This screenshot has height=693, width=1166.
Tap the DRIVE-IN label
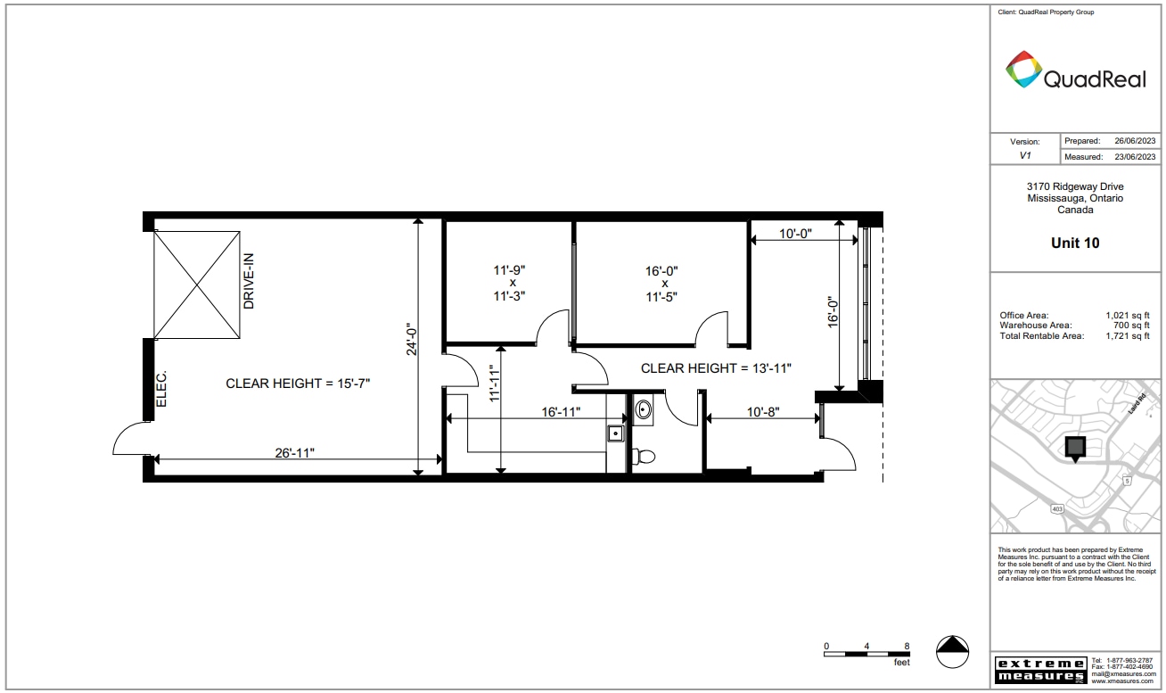[250, 281]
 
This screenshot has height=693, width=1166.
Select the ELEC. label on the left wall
[162, 390]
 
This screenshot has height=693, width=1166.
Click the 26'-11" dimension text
[294, 452]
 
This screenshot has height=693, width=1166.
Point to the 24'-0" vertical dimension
[412, 340]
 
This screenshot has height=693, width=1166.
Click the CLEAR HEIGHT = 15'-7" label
[298, 384]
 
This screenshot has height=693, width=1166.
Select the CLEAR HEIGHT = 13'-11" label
[717, 367]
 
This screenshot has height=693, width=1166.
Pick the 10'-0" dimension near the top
[794, 234]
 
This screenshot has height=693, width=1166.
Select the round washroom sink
[644, 410]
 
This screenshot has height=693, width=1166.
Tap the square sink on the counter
[614, 433]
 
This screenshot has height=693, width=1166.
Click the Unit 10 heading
[1075, 243]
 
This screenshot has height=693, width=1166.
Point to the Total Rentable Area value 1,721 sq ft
[1129, 336]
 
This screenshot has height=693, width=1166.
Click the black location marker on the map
[1076, 448]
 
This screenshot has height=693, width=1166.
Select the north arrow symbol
[953, 650]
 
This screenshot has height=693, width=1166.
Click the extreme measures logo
[1040, 670]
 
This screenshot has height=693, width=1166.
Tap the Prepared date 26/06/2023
[1134, 141]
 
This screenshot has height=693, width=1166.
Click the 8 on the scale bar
[907, 645]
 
